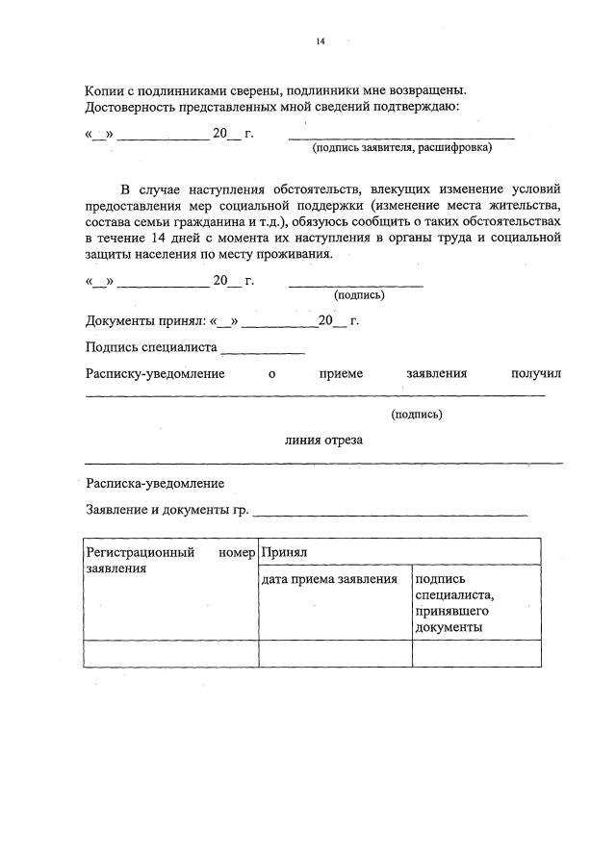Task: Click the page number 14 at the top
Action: point(321,42)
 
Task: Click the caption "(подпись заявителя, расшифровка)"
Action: point(400,148)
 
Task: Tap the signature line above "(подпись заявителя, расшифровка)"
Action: point(401,139)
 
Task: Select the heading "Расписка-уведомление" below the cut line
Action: point(155,483)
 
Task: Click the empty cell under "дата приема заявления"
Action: point(335,653)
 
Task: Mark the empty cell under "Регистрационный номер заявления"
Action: point(170,653)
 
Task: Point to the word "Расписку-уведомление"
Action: point(155,373)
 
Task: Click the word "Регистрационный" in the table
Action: point(141,553)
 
